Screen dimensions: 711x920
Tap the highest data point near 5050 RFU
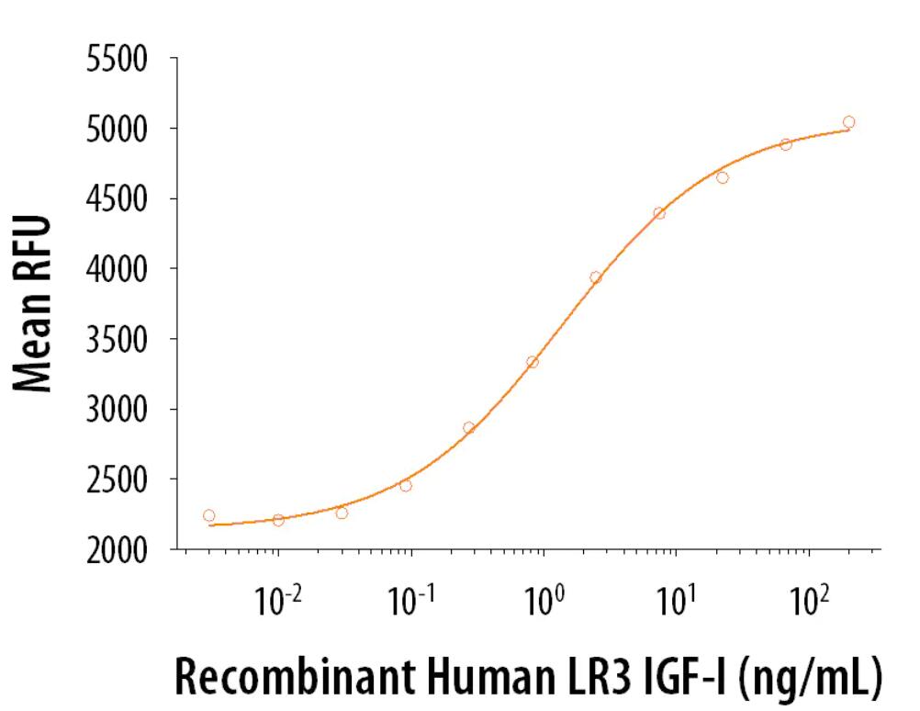click(x=848, y=122)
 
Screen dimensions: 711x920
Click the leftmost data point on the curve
click(x=208, y=516)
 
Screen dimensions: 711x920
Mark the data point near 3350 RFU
click(x=533, y=362)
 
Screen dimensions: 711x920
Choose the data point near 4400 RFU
click(x=659, y=213)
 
